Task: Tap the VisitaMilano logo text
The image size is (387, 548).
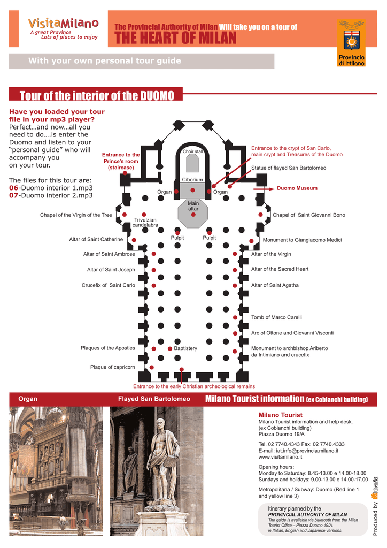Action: point(64,24)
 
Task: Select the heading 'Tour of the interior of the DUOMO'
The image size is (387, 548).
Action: point(97,96)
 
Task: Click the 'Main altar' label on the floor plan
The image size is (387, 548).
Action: point(193,206)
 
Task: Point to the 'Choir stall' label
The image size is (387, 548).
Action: point(192,151)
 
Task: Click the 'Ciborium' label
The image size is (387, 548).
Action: point(192,180)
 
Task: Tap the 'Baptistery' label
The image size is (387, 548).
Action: point(185,348)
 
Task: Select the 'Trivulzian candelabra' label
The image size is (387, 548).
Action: point(145,222)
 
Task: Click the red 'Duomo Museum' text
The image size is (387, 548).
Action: point(297,188)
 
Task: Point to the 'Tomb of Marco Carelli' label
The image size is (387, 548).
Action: point(276,317)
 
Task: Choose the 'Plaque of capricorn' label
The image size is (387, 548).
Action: point(112,367)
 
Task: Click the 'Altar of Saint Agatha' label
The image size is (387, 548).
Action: point(275,285)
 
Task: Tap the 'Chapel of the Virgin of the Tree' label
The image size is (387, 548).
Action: point(76,215)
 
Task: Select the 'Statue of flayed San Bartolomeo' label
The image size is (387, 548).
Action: point(288,168)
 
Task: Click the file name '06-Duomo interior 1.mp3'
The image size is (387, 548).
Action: point(51,188)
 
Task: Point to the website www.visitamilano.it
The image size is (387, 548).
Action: point(281,457)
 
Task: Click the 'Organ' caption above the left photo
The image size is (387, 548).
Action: point(28,399)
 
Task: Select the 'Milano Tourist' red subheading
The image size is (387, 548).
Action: point(280,415)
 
